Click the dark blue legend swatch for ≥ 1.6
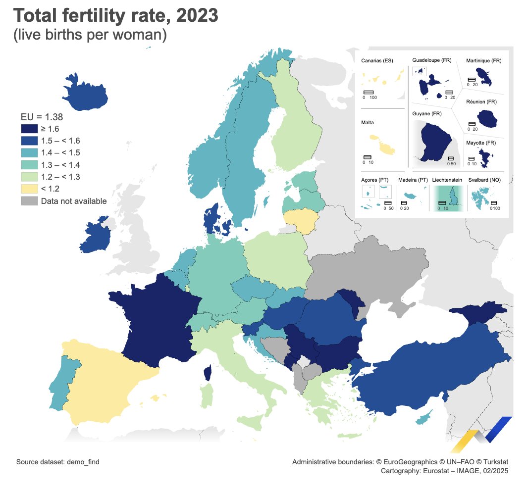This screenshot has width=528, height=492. (29, 129)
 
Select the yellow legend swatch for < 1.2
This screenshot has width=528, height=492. (29, 189)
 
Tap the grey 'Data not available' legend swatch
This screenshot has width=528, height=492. (29, 201)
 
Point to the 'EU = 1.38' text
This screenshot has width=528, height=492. (42, 117)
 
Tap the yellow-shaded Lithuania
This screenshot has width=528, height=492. (301, 221)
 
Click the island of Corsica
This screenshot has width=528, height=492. (208, 373)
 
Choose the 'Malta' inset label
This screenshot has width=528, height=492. (368, 122)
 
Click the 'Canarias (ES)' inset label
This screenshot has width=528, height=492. (377, 61)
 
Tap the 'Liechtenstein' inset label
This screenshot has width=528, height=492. (447, 180)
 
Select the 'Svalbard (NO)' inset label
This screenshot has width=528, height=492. (484, 180)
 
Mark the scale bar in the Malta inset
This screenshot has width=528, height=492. (368, 157)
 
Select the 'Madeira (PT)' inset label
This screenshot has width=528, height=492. (413, 180)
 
